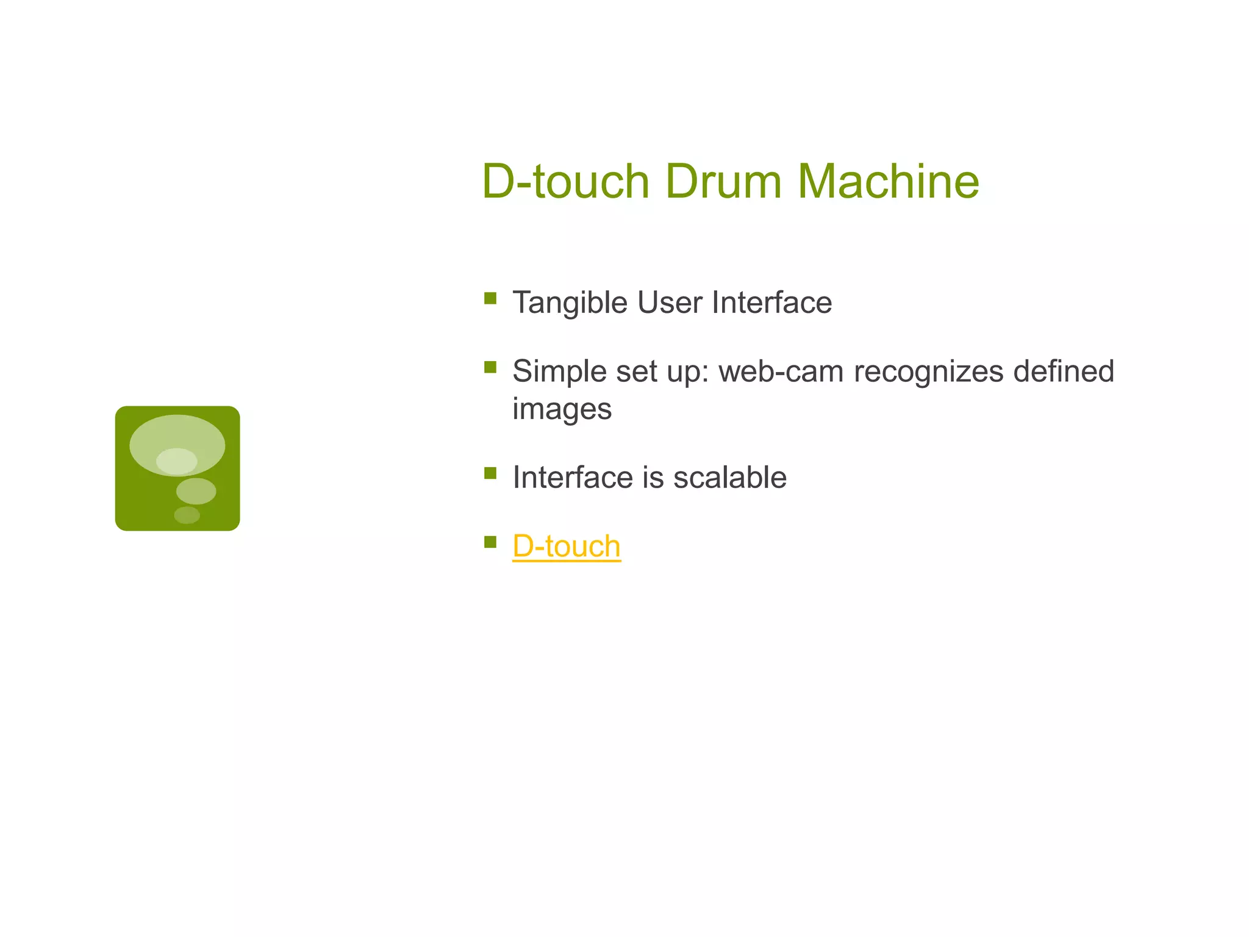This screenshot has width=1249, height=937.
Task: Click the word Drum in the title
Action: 723,181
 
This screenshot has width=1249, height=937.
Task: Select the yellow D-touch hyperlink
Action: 566,546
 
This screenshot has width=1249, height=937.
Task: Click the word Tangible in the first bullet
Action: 570,303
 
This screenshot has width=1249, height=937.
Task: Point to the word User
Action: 669,303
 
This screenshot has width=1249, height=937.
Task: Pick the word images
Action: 562,409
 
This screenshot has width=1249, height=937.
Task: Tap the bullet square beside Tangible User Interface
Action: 490,298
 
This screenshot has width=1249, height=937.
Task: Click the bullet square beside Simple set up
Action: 490,367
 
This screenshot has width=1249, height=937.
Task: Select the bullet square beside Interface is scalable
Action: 490,473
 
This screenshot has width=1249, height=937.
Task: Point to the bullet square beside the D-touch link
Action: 490,542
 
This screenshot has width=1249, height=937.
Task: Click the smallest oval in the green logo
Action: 187,515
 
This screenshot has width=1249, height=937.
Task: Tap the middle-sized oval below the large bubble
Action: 196,491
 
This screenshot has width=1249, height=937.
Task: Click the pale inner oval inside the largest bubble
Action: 176,461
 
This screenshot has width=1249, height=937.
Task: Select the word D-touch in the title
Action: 565,181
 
